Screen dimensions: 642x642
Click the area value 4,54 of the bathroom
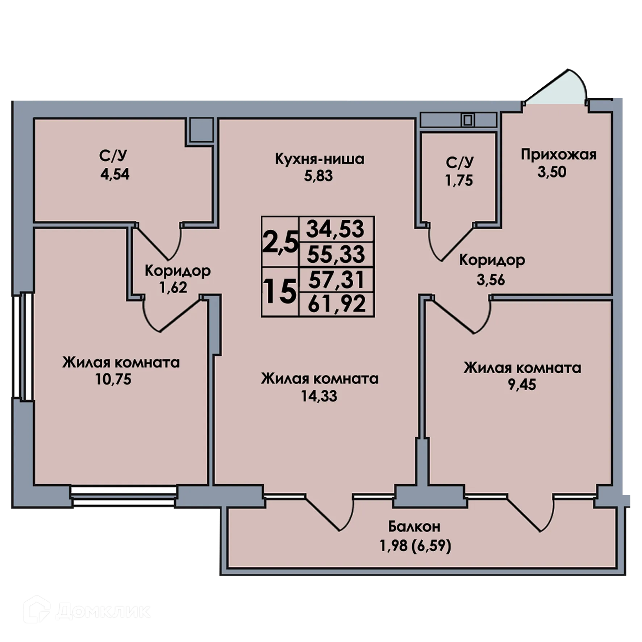click(115, 175)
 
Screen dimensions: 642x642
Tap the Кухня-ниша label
click(320, 159)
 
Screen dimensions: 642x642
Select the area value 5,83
click(318, 176)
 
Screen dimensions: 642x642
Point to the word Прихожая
click(558, 155)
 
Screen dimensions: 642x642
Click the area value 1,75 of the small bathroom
click(459, 180)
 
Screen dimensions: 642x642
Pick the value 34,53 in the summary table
click(335, 229)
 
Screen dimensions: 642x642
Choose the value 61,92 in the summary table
click(337, 304)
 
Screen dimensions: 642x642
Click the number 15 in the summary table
click(280, 292)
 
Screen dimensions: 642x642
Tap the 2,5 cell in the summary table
click(280, 242)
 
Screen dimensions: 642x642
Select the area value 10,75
click(113, 379)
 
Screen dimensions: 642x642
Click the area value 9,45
click(522, 384)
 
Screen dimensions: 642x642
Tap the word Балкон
click(414, 526)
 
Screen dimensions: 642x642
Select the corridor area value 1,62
click(173, 287)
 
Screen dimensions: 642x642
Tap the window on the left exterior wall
click(26, 346)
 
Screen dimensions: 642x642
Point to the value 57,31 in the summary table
click(337, 280)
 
